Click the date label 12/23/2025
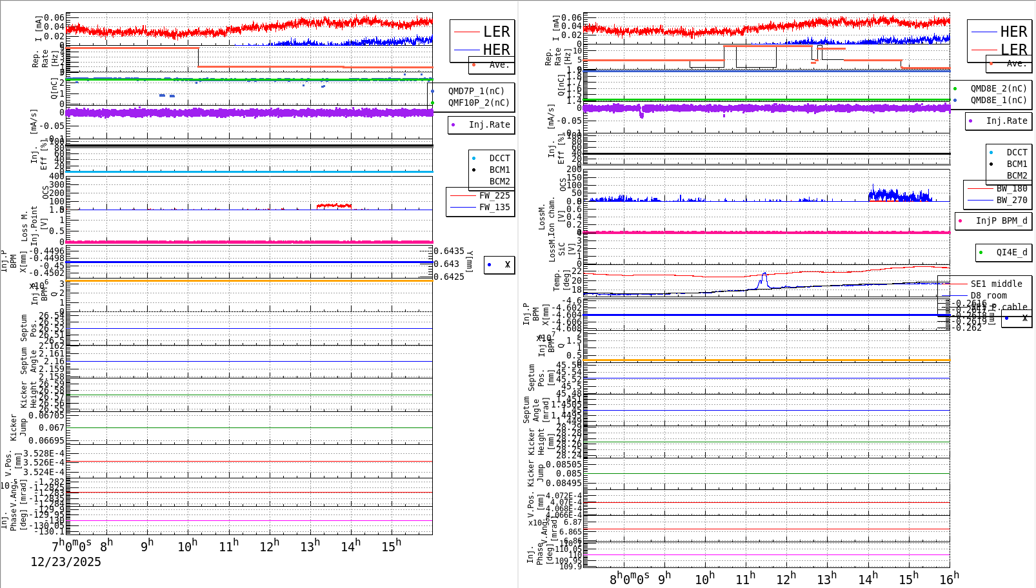click(66, 562)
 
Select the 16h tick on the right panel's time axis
click(949, 578)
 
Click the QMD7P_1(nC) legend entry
click(476, 91)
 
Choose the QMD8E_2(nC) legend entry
click(998, 88)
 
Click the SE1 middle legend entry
click(996, 284)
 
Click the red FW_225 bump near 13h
click(334, 205)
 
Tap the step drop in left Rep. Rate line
click(198, 57)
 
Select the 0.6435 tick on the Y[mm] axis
click(448, 251)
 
